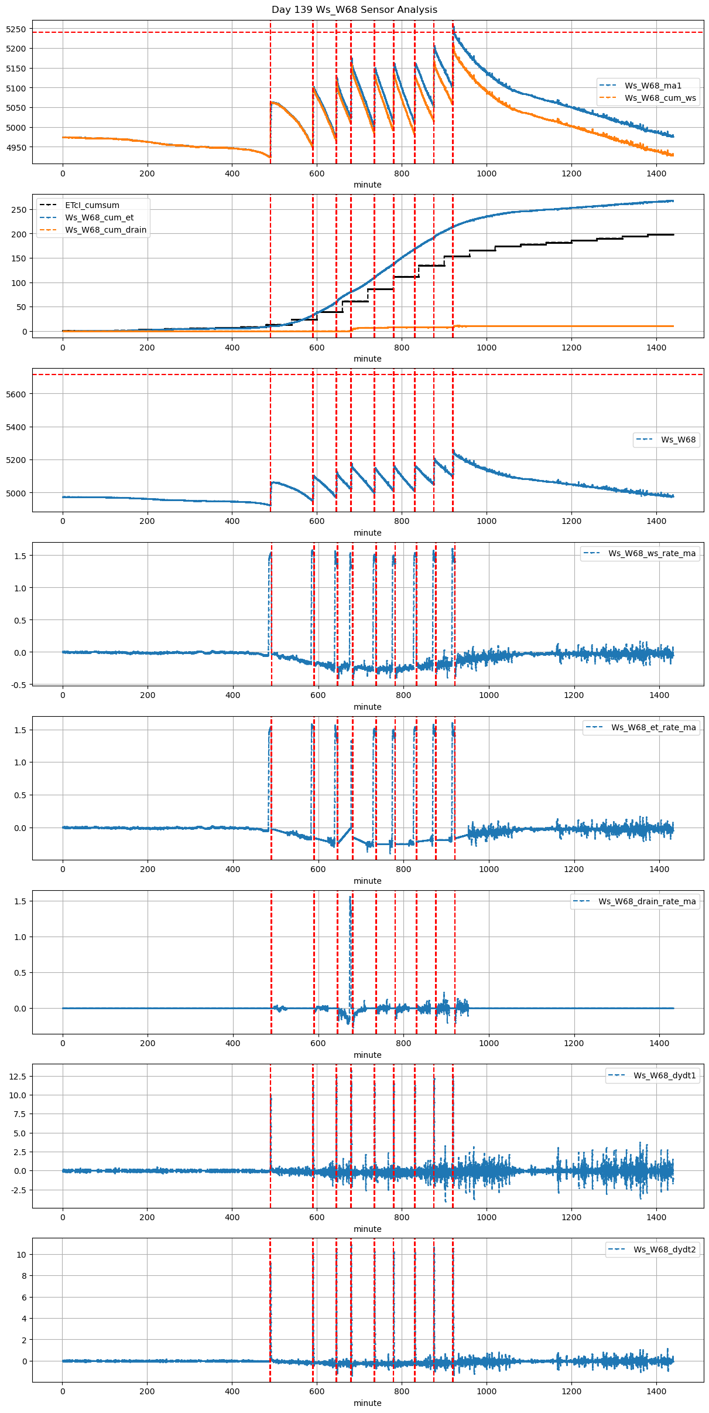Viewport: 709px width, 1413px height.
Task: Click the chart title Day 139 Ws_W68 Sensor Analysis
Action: tap(354, 10)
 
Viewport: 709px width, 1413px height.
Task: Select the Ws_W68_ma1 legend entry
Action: tap(653, 86)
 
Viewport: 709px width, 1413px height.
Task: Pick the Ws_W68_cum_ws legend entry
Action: tap(660, 98)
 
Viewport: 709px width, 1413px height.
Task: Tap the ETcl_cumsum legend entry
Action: tap(92, 205)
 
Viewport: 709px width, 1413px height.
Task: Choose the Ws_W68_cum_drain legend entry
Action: tap(105, 230)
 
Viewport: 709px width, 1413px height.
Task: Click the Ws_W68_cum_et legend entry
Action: tap(99, 217)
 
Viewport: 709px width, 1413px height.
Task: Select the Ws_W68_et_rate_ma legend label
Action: tap(653, 727)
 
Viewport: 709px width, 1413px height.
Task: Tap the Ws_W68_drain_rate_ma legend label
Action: tap(647, 901)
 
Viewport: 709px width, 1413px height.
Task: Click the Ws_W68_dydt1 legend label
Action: tap(665, 1075)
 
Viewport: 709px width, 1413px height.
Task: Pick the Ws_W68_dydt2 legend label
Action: tap(665, 1249)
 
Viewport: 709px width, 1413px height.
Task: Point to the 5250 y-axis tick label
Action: tap(16, 29)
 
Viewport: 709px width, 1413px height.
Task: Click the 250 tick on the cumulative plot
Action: tap(20, 210)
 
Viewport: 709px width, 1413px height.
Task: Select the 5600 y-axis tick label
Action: tap(16, 394)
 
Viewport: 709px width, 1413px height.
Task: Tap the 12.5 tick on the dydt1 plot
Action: tap(18, 1077)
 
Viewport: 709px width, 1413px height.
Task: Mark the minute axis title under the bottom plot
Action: tap(367, 1403)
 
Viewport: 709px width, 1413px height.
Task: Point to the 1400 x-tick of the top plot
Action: tap(656, 173)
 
